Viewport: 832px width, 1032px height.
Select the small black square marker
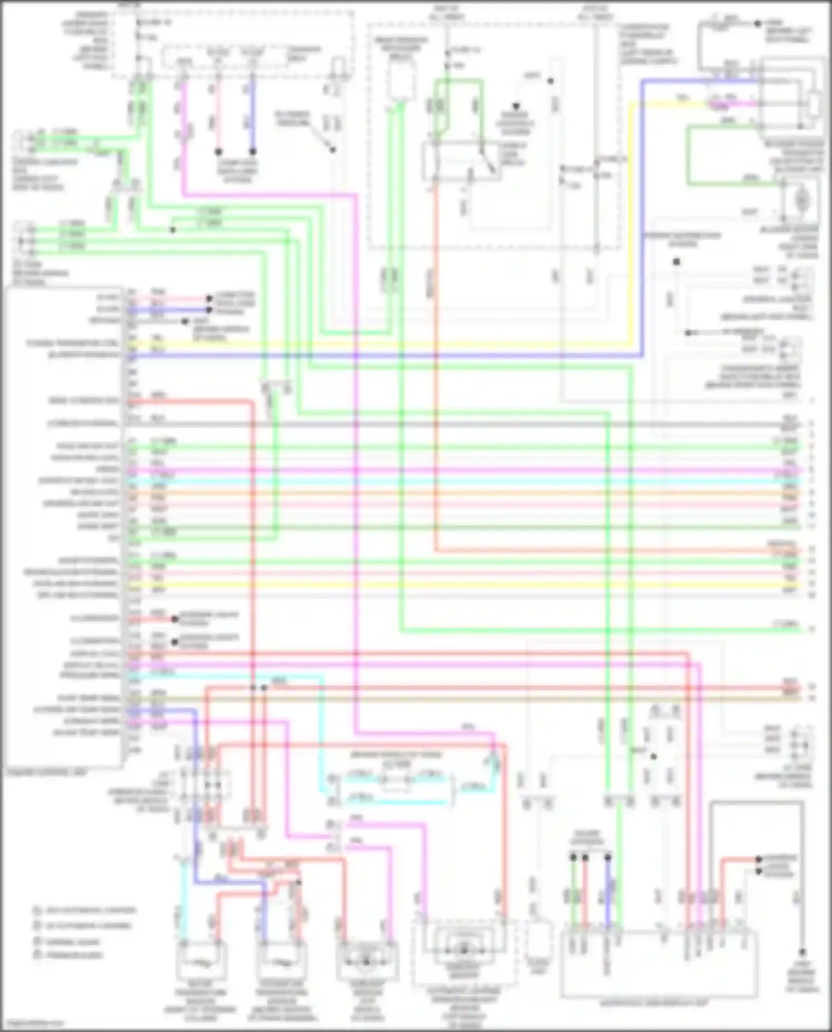tap(677, 261)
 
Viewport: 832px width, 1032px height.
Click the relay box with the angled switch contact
tap(461, 161)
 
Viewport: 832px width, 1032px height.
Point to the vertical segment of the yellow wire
tap(630, 222)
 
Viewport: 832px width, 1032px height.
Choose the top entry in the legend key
tap(83, 911)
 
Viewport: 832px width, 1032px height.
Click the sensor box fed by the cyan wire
tap(201, 962)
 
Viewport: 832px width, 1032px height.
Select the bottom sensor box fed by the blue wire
tap(281, 962)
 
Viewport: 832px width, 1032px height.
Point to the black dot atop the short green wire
tap(574, 857)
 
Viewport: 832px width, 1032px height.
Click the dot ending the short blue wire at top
tap(253, 151)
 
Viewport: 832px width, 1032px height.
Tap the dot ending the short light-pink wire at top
tap(219, 151)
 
